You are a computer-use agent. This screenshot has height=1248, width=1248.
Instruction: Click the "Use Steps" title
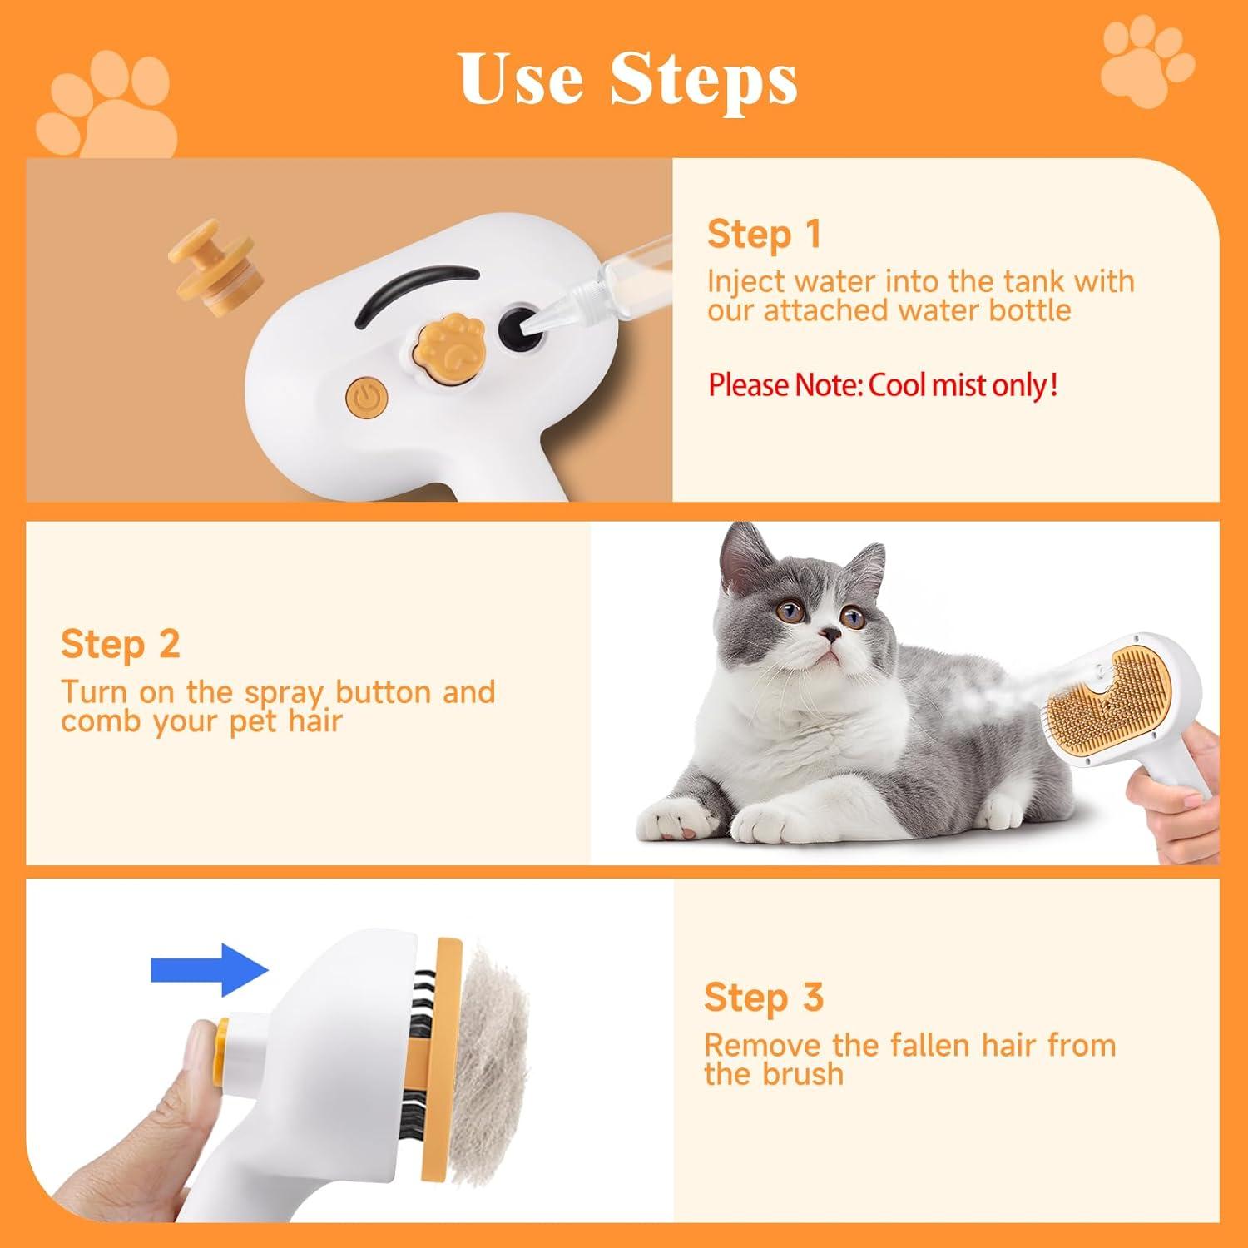pos(628,79)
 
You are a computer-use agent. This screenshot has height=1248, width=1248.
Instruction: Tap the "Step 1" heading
pos(764,235)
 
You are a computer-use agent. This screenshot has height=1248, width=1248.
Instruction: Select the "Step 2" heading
pos(120,645)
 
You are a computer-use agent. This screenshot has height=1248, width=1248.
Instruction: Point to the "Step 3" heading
pos(763,997)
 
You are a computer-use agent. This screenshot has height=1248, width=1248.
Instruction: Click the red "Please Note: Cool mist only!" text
pos(883,385)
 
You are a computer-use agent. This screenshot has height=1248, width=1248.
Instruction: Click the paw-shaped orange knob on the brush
pos(443,350)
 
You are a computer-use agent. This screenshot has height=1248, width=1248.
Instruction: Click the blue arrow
pos(209,970)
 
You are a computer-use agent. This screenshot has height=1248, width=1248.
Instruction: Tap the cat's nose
pos(827,635)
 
